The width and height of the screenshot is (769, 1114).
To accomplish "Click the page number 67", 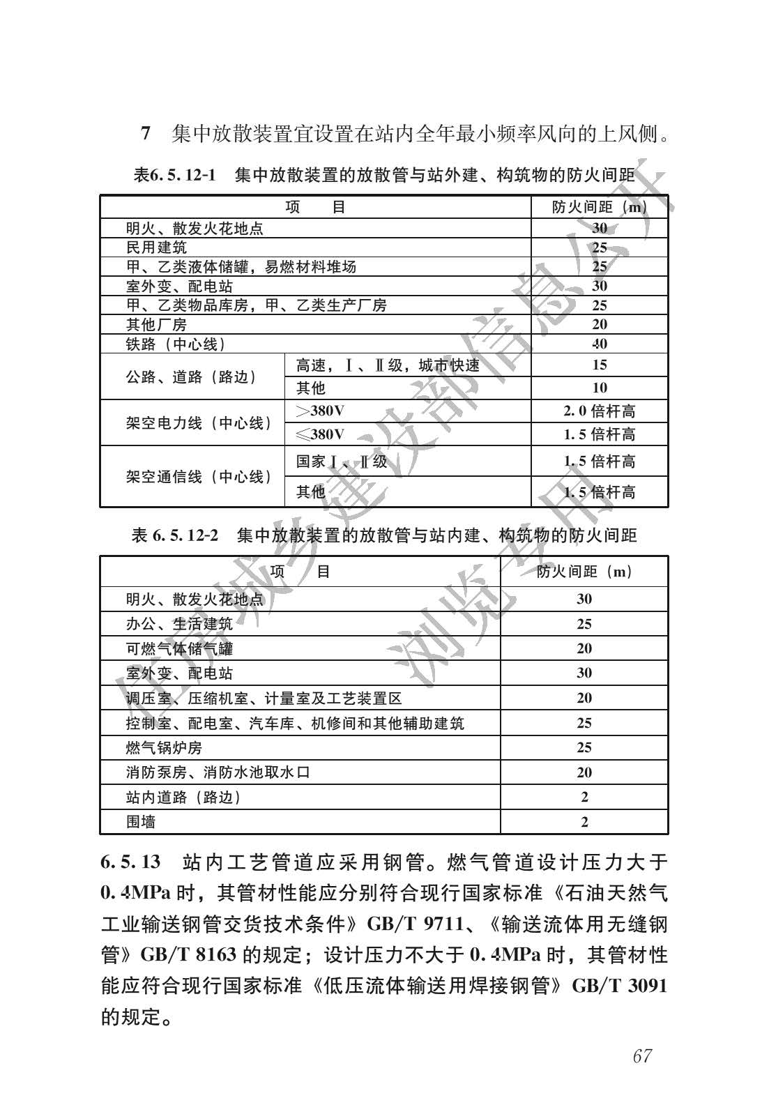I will coord(641,1055).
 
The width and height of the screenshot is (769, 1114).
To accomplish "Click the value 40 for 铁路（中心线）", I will coord(600,344).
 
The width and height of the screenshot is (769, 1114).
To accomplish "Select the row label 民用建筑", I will coord(156,247).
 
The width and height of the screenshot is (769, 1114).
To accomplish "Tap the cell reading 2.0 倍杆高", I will coord(600,411).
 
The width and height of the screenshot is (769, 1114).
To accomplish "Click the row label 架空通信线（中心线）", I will coord(199,477).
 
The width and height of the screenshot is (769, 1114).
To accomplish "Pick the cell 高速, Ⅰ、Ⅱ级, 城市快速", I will coord(388,365).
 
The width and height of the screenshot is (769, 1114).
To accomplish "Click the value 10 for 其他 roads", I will coord(600,388).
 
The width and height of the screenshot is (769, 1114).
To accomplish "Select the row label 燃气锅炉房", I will coord(164,748).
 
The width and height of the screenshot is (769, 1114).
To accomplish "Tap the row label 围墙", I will coord(141,822).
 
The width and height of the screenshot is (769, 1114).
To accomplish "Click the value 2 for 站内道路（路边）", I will coord(584,797).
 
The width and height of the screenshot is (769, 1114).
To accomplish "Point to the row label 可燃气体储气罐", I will coord(179,648).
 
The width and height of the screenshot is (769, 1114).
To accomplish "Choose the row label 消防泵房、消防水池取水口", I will coord(218,772).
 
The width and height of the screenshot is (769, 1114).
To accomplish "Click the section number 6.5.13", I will coord(131,862).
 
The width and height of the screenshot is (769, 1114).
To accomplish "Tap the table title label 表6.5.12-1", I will coord(174,175).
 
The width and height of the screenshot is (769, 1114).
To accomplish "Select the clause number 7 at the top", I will coord(146,132).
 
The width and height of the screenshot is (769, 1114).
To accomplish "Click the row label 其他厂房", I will coord(156,325).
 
